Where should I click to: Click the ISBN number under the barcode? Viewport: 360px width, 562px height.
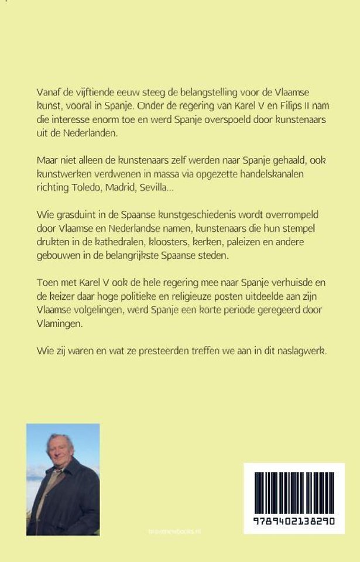point(294,521)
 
